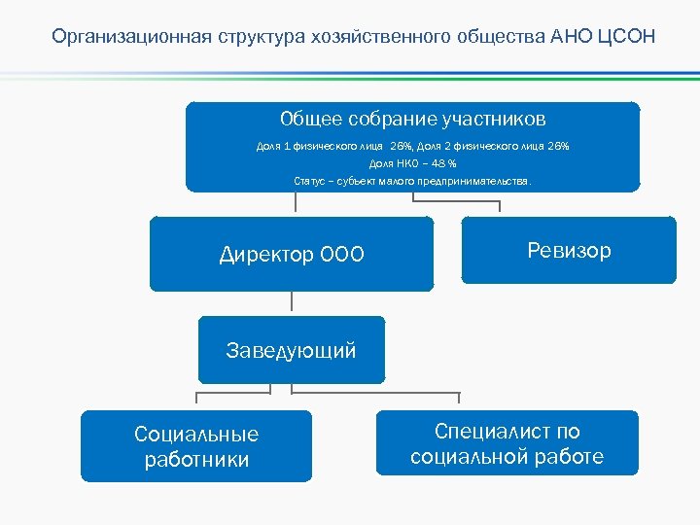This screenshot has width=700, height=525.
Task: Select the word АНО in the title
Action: [x=566, y=38]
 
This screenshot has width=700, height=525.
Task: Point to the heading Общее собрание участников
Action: [x=412, y=119]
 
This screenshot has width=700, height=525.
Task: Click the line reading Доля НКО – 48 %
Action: [x=412, y=163]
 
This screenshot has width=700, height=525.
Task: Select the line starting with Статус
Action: [x=412, y=181]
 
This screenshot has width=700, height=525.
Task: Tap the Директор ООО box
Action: [x=291, y=254]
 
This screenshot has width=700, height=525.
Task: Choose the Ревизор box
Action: [x=568, y=250]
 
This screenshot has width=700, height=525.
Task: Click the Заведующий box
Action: [x=291, y=350]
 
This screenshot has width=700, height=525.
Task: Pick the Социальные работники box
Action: [x=196, y=446]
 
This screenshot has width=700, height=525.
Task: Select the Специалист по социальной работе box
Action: [x=507, y=443]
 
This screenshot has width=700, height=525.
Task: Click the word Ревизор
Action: [x=569, y=250]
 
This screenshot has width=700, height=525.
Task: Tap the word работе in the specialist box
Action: [x=573, y=457]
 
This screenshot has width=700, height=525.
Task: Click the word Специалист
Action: [x=493, y=431]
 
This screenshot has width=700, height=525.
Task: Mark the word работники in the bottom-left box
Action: [x=196, y=460]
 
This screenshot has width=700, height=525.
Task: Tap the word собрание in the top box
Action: [x=393, y=119]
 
